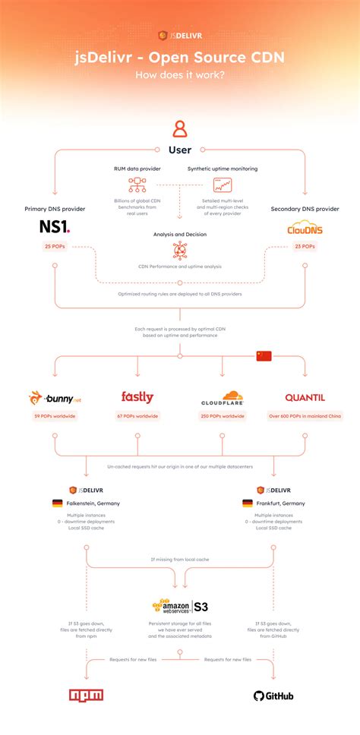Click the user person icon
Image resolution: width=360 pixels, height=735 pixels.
click(179, 128)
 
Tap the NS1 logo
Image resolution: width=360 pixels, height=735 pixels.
click(55, 226)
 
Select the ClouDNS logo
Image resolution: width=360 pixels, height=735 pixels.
click(304, 227)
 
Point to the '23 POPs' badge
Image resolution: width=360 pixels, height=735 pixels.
click(304, 247)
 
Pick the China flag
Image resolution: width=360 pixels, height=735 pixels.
click(264, 355)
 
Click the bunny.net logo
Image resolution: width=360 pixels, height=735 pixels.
click(55, 398)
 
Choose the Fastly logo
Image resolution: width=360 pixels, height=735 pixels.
click(137, 397)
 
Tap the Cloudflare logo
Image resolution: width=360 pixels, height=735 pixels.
click(222, 398)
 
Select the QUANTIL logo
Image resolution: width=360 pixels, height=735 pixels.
click(305, 398)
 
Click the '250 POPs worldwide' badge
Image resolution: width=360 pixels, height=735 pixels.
click(222, 416)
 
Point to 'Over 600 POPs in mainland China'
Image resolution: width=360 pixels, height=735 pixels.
click(305, 416)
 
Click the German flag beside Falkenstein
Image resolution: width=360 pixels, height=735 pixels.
click(57, 503)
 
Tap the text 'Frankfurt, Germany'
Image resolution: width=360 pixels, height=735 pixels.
click(283, 503)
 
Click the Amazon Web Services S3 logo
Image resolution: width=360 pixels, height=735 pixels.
click(179, 607)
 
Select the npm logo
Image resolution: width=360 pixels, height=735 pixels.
click(86, 695)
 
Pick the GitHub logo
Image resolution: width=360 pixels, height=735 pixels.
click(273, 696)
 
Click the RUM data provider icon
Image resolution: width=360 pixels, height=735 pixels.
click(137, 185)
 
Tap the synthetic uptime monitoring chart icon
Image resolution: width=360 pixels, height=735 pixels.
click(222, 185)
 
